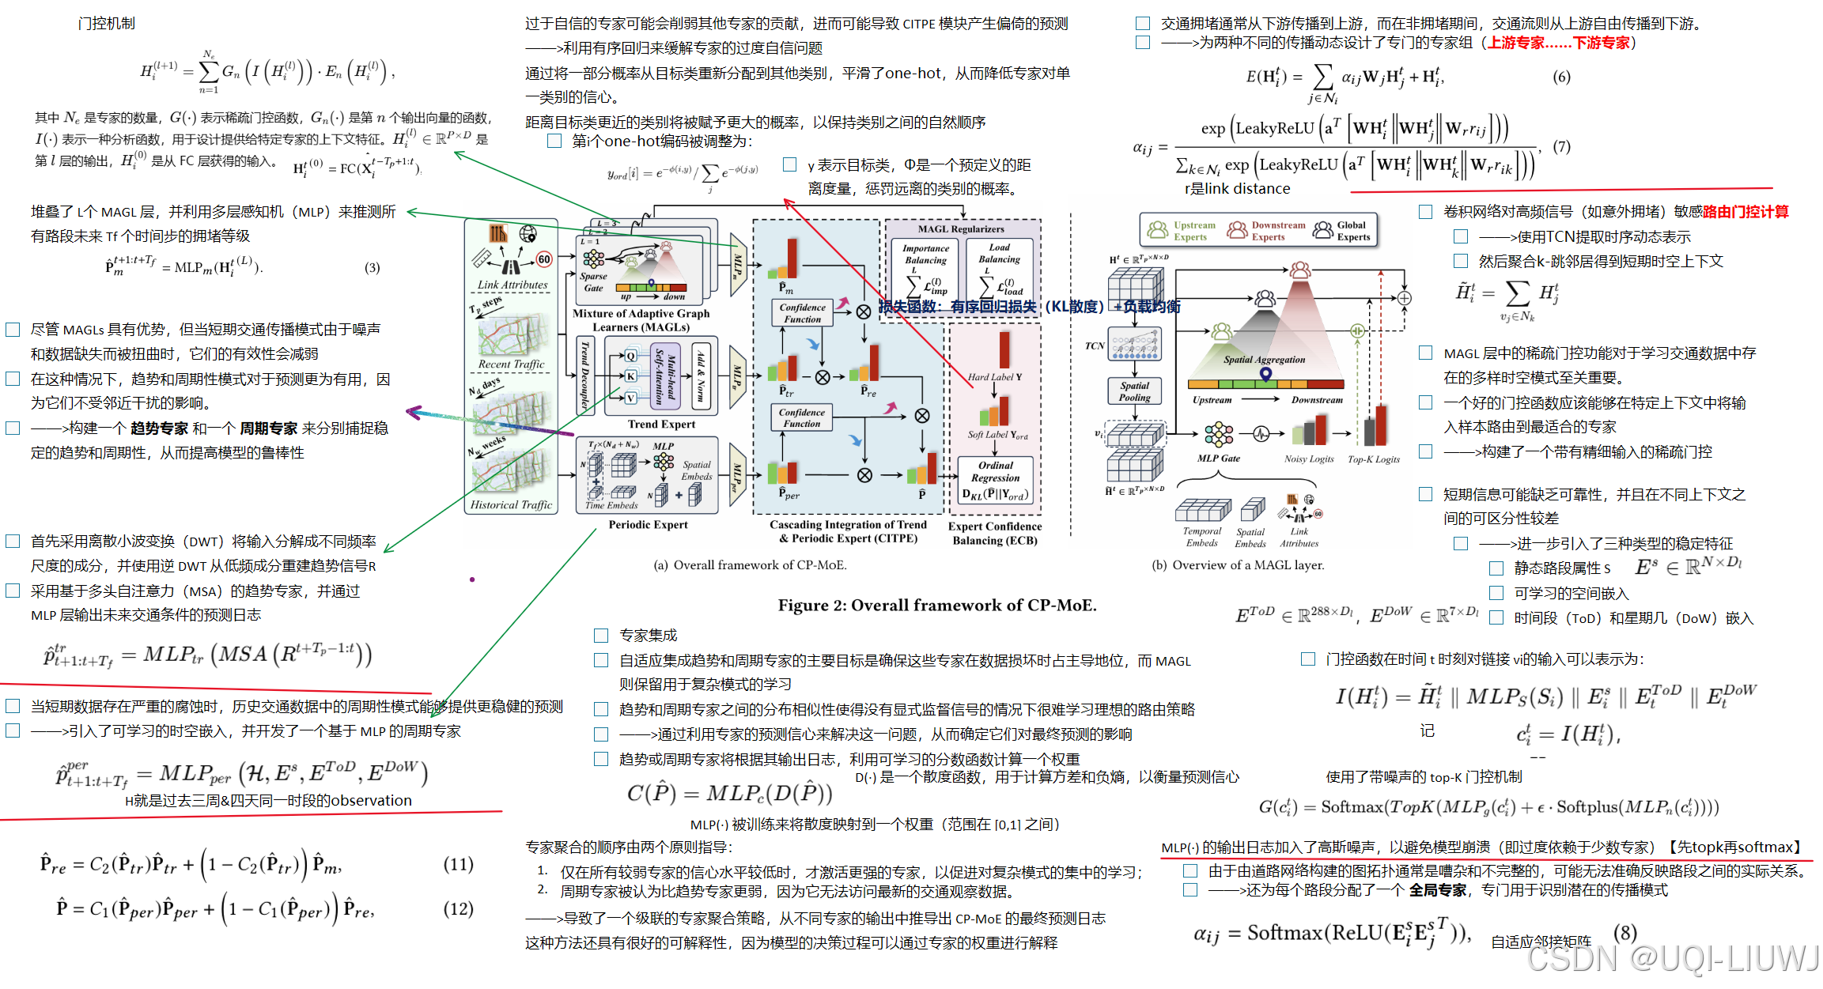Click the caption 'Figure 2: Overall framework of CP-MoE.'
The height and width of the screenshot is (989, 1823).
click(936, 606)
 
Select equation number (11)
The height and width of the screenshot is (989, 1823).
click(458, 864)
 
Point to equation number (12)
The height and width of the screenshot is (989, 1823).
click(458, 909)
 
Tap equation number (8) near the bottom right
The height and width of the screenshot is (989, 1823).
click(1624, 933)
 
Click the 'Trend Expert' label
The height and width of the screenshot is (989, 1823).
click(661, 425)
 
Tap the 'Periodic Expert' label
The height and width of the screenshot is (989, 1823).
click(648, 525)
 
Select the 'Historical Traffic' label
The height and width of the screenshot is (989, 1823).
click(511, 504)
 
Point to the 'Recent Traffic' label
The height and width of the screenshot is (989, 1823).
click(511, 364)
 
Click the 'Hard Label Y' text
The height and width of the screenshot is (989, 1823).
click(994, 377)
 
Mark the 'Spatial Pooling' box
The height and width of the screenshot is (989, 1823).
click(1134, 391)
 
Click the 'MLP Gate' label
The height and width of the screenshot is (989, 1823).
click(1218, 459)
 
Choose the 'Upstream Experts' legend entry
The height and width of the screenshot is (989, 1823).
click(1182, 231)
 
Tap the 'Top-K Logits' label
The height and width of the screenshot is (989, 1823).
click(1373, 459)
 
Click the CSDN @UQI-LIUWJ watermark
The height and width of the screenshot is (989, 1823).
click(1672, 959)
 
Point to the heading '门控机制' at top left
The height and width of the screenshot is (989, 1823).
click(107, 24)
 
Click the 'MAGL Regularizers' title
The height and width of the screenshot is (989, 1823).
click(961, 229)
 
